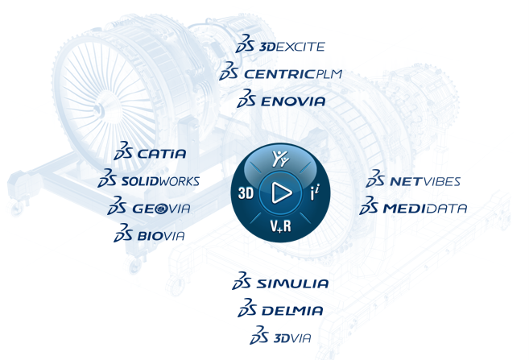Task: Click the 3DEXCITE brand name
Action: click(x=291, y=48)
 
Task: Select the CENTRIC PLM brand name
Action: click(x=293, y=74)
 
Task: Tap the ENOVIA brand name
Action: click(x=293, y=101)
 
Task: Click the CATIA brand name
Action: click(x=162, y=153)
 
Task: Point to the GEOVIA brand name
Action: click(x=162, y=209)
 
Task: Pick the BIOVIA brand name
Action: click(x=161, y=236)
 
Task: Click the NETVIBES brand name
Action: click(x=424, y=181)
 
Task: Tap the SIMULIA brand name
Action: click(x=292, y=283)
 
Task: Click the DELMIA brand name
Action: click(x=291, y=310)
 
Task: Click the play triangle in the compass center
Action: click(x=281, y=192)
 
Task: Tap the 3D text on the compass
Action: click(x=246, y=193)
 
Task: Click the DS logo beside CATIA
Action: click(x=124, y=152)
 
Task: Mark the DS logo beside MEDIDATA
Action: click(x=370, y=207)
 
